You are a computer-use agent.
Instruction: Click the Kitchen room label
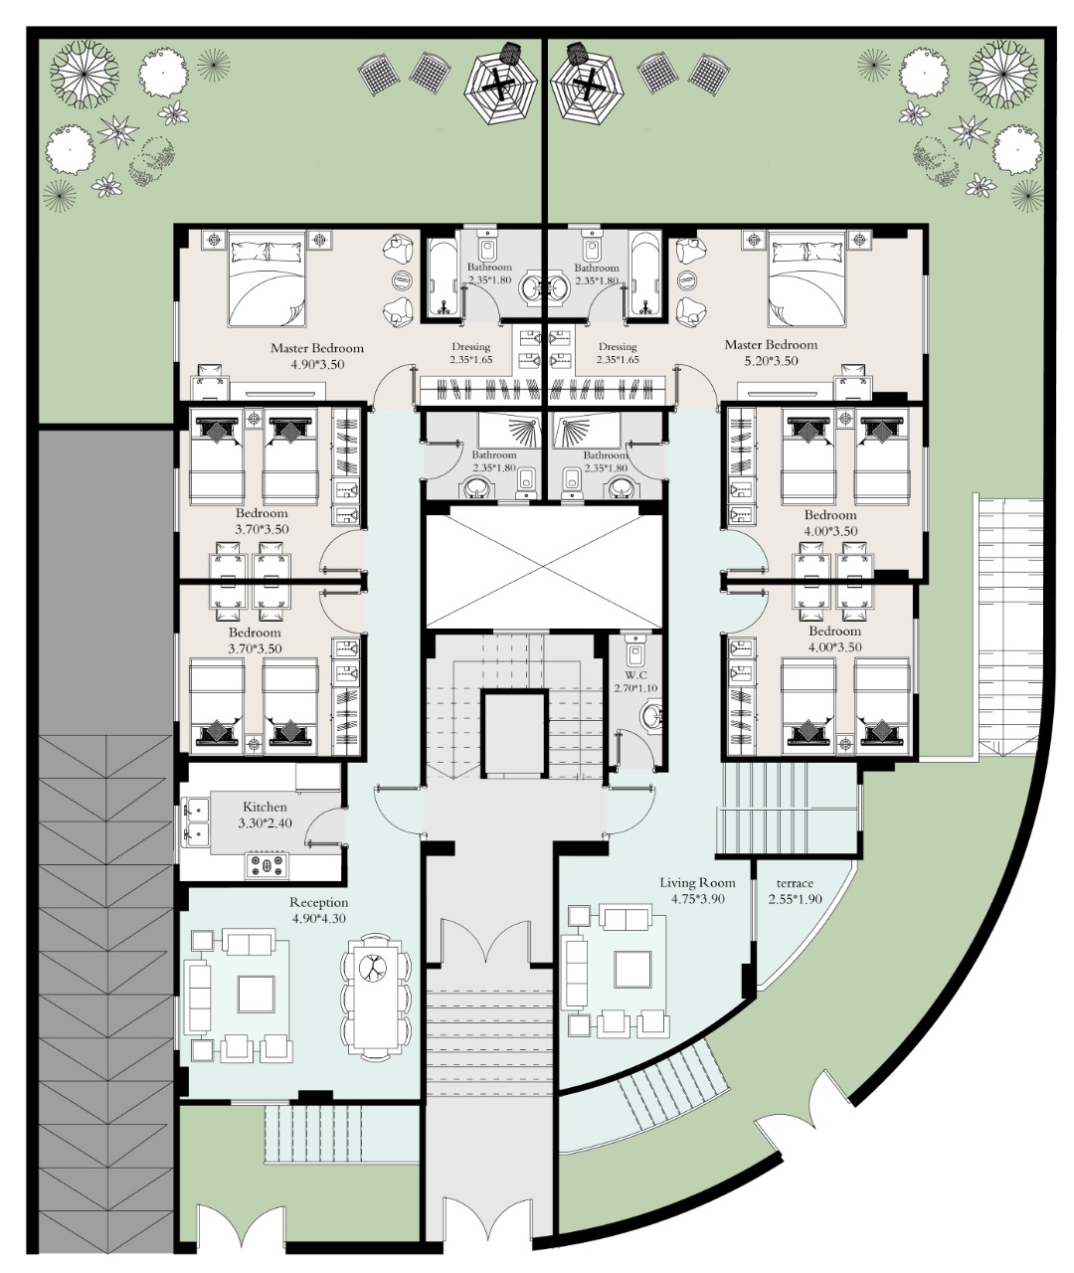coord(265,807)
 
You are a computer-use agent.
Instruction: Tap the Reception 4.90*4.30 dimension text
coord(319,918)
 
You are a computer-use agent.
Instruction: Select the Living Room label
coord(697,882)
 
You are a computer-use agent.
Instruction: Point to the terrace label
coord(795,883)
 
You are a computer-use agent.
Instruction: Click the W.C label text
coord(635,675)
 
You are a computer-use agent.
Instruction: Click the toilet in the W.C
coord(635,650)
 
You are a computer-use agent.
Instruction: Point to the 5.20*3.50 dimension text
coord(771,360)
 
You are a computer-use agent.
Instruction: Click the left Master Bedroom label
coord(317,348)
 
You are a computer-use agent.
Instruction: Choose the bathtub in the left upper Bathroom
coord(443,277)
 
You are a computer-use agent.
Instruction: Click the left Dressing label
coord(470,347)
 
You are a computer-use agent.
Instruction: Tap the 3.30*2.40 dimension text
coord(265,823)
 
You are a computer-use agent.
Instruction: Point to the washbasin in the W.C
coord(653,716)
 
